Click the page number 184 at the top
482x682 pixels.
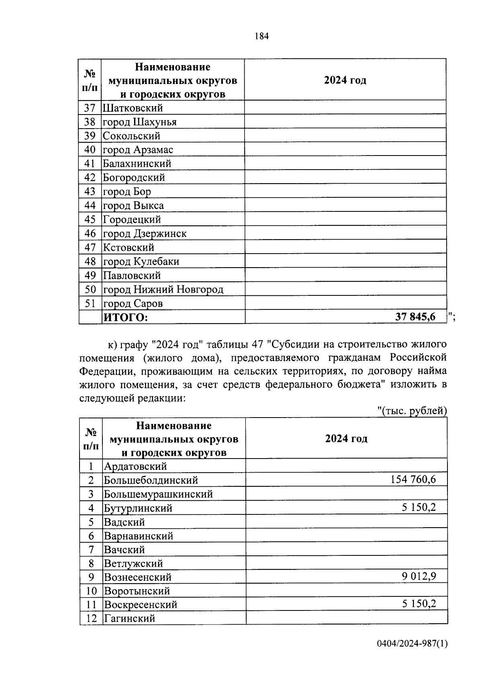[261, 36]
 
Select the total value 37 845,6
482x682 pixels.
[415, 317]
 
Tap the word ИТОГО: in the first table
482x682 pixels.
[126, 317]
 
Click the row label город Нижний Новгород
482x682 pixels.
[163, 289]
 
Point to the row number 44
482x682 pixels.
[90, 205]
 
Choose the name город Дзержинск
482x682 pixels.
[145, 233]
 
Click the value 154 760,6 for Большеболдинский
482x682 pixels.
[413, 479]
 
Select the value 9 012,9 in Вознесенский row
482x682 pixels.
[419, 576]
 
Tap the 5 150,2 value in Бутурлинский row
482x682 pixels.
[419, 507]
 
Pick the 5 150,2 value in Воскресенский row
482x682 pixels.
[419, 604]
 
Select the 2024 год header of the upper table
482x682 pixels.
[345, 80]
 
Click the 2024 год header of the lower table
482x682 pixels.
[346, 438]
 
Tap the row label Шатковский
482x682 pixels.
[133, 108]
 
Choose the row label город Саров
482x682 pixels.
[133, 303]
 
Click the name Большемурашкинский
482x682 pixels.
[158, 494]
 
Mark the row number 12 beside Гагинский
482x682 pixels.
[92, 618]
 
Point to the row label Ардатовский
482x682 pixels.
[135, 466]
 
